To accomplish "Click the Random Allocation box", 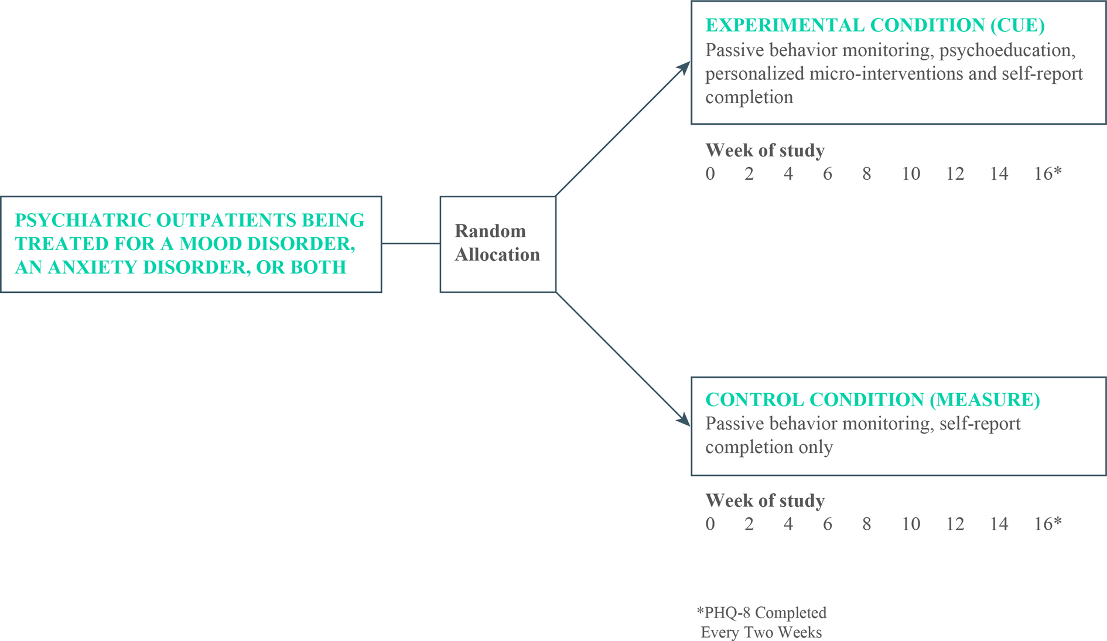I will click(497, 244).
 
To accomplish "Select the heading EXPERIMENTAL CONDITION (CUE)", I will click(875, 25).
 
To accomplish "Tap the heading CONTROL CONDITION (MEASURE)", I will click(873, 400).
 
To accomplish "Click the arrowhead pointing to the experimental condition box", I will click(684, 69).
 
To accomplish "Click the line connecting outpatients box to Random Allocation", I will click(411, 243).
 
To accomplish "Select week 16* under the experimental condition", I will click(1047, 173).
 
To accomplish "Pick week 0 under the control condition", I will click(710, 524).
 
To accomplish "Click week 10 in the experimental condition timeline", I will click(911, 173).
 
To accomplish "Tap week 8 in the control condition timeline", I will click(866, 524).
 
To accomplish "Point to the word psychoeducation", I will click(1007, 50).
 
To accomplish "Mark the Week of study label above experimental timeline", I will click(764, 151).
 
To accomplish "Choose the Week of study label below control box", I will click(764, 501).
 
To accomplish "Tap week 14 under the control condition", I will click(999, 524).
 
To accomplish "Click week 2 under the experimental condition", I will click(749, 173).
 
